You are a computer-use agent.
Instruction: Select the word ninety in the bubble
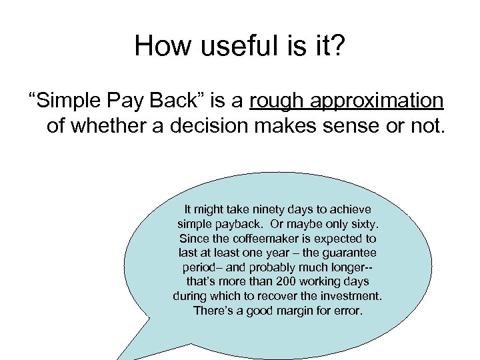(x=266, y=209)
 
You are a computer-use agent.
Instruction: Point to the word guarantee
(x=349, y=253)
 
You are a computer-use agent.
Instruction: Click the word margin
(x=300, y=311)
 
